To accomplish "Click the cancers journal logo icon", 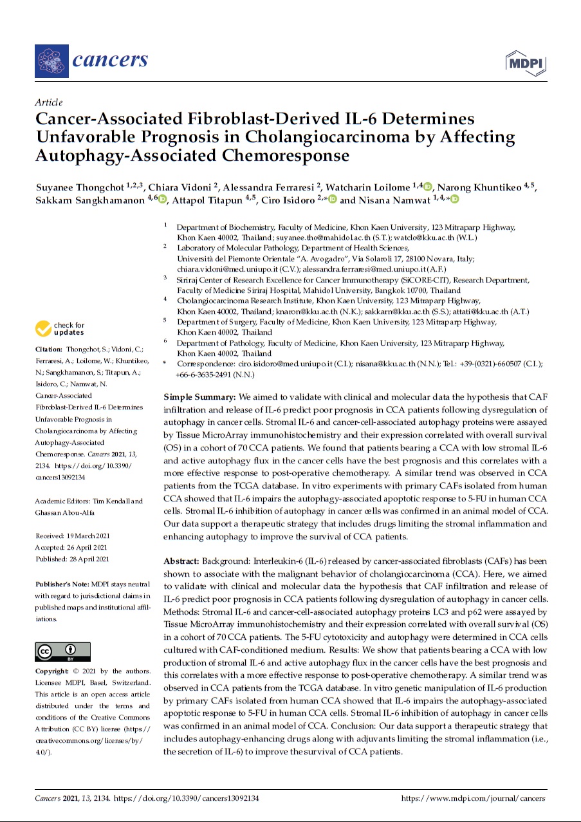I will pos(51,61).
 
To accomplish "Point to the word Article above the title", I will pos(49,102).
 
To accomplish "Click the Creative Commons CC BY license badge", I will pos(62,652).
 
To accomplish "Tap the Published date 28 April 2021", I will pos(71,559).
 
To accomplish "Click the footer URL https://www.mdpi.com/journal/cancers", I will pos(473,798).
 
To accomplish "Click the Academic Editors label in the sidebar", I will pos(64,501).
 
